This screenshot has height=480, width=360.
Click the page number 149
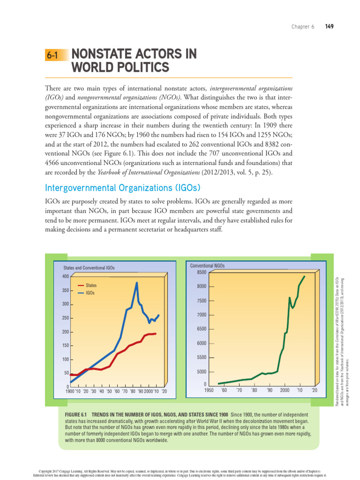pyautogui.click(x=329, y=27)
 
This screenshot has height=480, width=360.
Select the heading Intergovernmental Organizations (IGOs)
pyautogui.click(x=122, y=188)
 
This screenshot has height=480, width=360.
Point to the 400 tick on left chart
pyautogui.click(x=65, y=277)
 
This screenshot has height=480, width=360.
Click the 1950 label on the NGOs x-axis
pyautogui.click(x=209, y=390)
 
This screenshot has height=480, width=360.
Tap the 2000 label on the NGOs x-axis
pyautogui.click(x=285, y=390)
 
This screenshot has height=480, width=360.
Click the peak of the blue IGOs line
pyautogui.click(x=136, y=282)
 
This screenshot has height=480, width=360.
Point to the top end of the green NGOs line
pyautogui.click(x=305, y=276)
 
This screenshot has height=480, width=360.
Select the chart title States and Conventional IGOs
pyautogui.click(x=89, y=268)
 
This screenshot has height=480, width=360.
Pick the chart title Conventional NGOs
pyautogui.click(x=207, y=266)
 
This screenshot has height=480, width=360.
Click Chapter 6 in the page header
pyautogui.click(x=303, y=27)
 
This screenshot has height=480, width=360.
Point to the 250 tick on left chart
pyautogui.click(x=65, y=318)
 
